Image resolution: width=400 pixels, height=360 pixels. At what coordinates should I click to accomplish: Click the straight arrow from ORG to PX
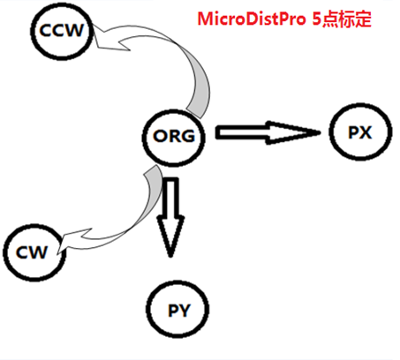click(268, 132)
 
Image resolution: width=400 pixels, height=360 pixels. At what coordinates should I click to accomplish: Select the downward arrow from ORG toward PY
click(170, 217)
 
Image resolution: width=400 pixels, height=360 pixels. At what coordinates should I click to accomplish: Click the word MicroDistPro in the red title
click(252, 19)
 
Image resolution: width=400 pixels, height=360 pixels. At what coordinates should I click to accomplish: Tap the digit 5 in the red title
click(316, 19)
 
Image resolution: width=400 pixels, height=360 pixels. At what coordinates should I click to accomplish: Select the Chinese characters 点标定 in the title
click(347, 19)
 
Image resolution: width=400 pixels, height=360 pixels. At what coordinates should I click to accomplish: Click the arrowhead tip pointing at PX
click(321, 132)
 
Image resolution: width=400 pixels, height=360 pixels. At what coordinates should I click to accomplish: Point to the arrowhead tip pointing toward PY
click(170, 257)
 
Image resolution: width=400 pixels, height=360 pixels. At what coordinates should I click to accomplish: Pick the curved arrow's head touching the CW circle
click(57, 253)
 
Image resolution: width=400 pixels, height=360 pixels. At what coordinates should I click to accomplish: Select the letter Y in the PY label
click(185, 311)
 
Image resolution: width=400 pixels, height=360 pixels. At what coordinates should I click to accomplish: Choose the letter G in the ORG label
click(188, 136)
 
